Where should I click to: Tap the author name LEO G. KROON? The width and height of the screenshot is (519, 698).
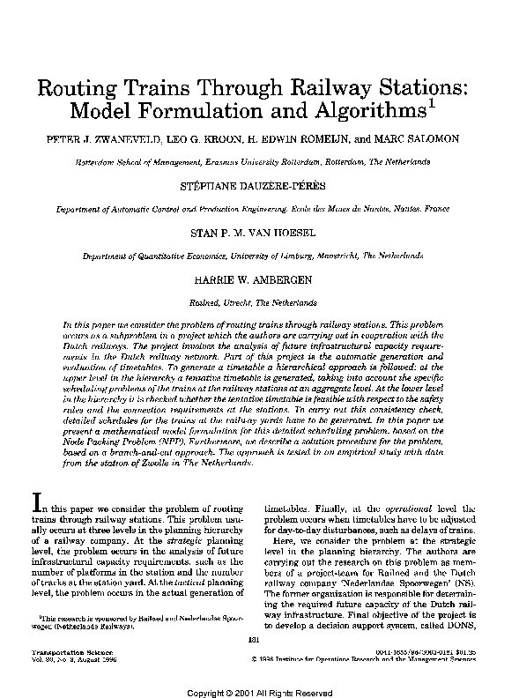click(202, 140)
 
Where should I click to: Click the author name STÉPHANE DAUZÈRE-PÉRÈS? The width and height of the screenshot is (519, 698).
click(259, 187)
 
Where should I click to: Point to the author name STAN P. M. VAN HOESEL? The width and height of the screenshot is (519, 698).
click(259, 234)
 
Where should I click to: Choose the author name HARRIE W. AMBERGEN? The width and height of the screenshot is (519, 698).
click(259, 280)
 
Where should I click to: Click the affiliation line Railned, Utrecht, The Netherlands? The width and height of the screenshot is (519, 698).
click(258, 301)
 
